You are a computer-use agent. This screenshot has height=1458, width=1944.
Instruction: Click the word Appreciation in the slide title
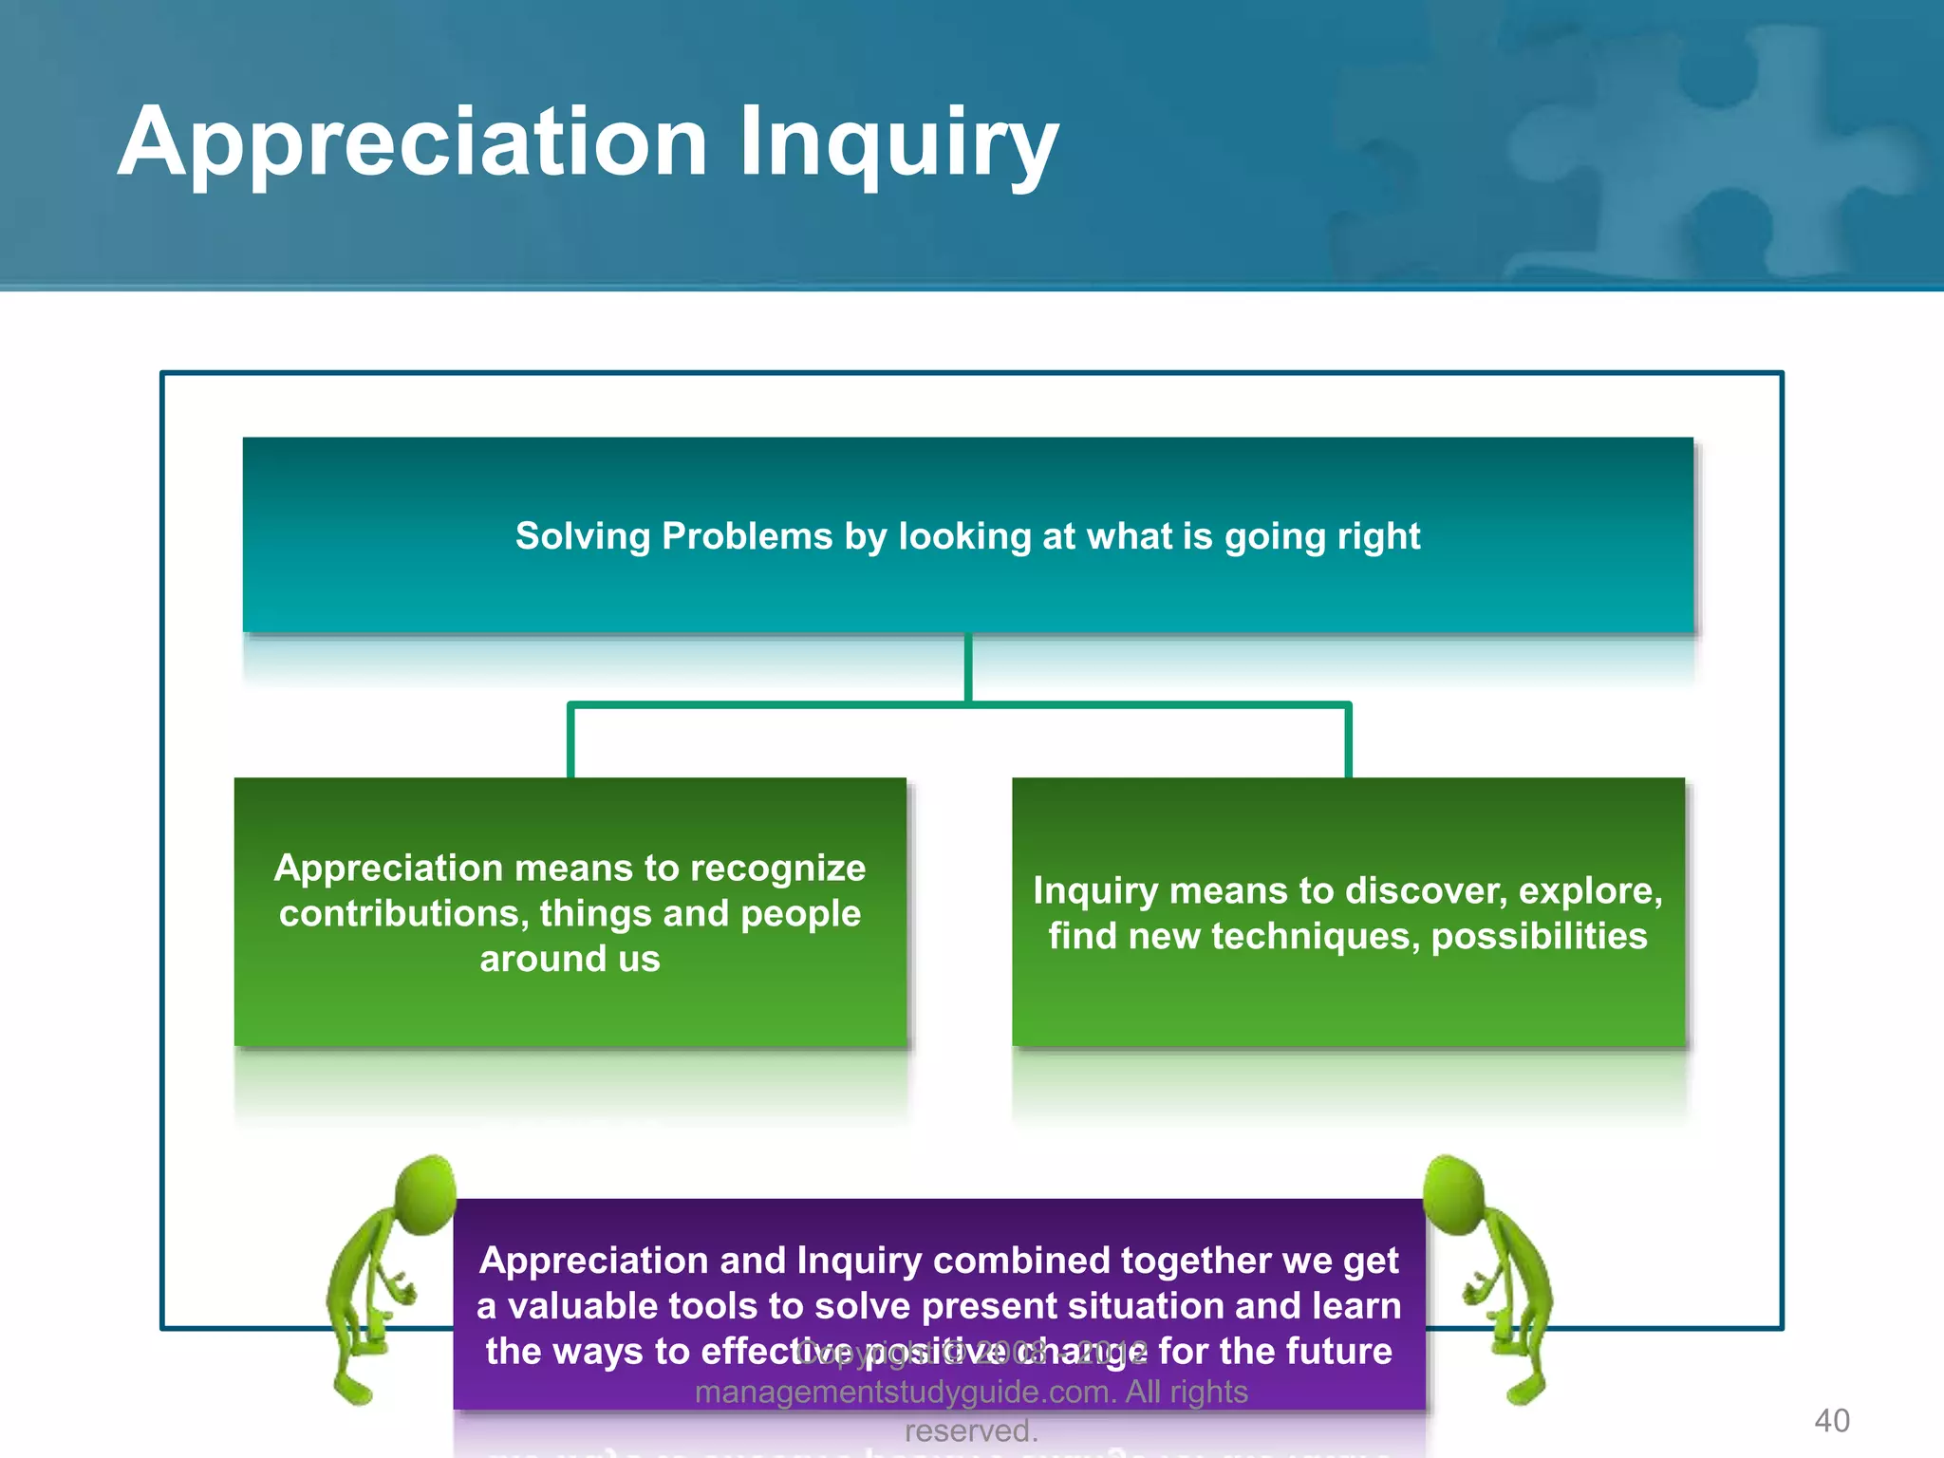412,142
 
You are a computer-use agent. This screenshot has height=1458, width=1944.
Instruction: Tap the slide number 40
1831,1420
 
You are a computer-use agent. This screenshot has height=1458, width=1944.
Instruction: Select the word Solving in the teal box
583,536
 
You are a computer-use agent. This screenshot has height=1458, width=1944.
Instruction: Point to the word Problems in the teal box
747,536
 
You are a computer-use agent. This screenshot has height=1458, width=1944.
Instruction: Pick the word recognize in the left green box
778,869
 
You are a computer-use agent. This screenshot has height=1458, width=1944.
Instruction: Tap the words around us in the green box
570,959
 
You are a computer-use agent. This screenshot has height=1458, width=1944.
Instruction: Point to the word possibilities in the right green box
1539,937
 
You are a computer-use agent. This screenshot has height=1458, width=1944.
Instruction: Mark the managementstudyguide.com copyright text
971,1393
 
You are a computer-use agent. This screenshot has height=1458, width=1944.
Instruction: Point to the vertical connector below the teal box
968,668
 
